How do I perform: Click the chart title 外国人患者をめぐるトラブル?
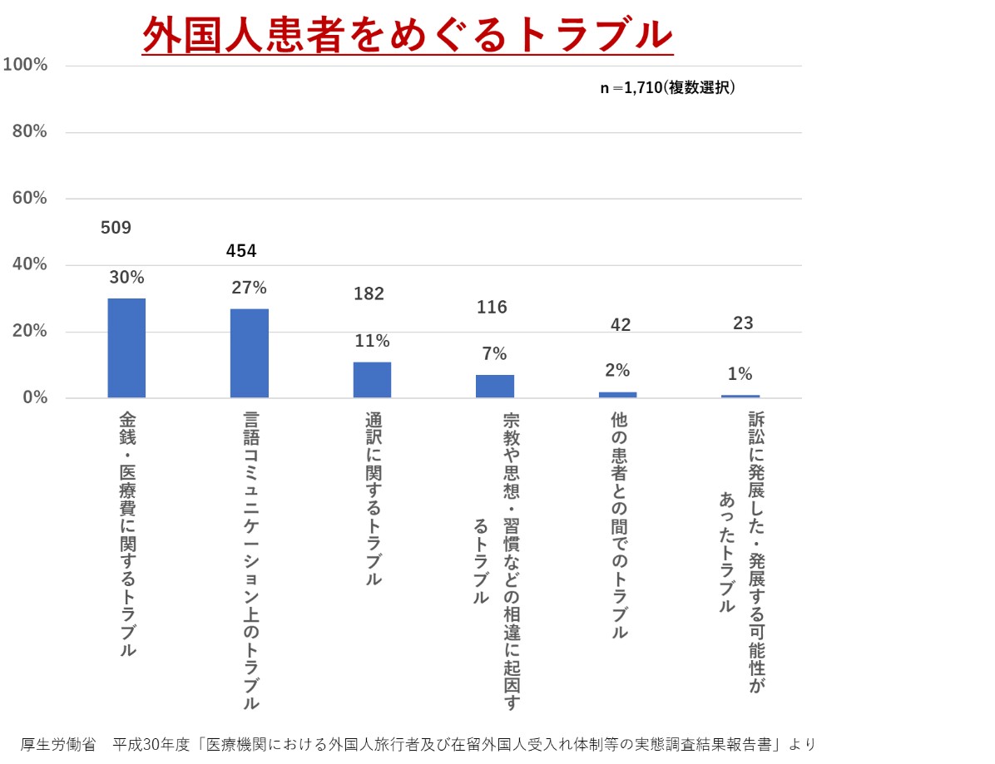coord(407,35)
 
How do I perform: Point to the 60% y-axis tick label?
coord(28,198)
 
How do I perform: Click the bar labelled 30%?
coord(126,347)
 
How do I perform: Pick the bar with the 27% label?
coord(249,352)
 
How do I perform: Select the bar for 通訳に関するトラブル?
coord(372,379)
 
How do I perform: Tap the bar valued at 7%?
coord(494,386)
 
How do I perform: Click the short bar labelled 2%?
coord(617,394)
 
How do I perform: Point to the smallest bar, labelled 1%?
coord(740,396)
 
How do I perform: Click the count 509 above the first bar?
coord(116,228)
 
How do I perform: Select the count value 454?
coord(241,251)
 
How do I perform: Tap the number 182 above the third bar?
coord(369,293)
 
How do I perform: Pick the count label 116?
coord(492,308)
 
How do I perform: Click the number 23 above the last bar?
coord(743,323)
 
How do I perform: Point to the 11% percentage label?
coord(371,341)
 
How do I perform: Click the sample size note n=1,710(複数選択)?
coord(667,88)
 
